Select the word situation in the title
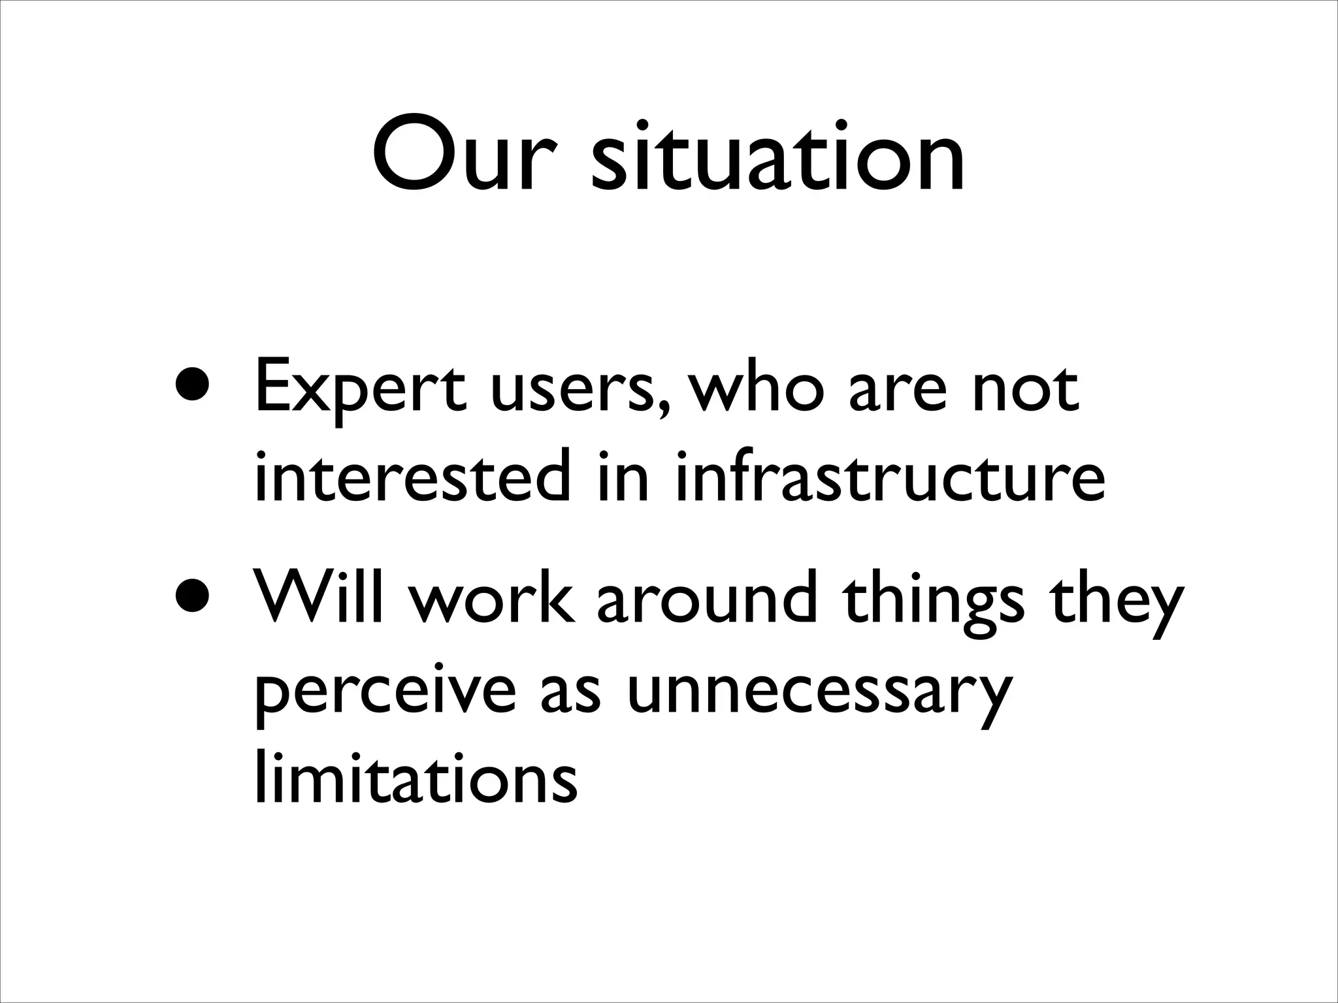777,157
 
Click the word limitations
416,777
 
